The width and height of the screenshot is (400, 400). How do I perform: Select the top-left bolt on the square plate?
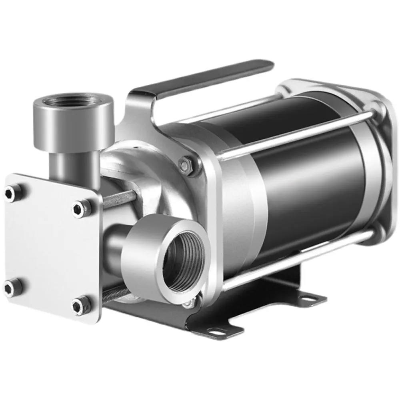(x=11, y=193)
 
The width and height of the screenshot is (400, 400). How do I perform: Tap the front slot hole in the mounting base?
(x=218, y=330)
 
